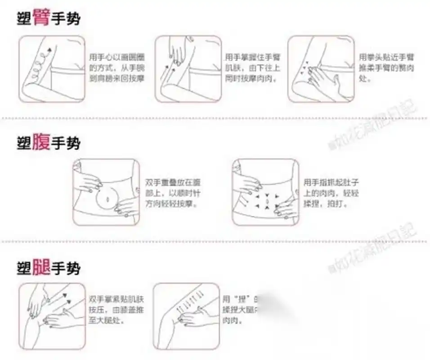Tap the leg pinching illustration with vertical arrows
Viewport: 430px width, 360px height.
click(x=186, y=316)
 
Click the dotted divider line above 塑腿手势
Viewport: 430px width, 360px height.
click(x=215, y=242)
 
